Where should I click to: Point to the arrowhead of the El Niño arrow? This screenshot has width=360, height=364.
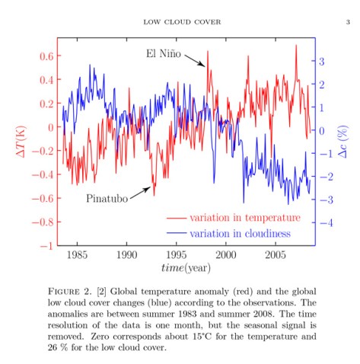[x=205, y=68]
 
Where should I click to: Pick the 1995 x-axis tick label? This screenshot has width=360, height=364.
[x=177, y=254]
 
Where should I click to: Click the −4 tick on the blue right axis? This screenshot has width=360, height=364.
[x=323, y=223]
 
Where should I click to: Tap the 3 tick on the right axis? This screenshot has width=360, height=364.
[x=321, y=61]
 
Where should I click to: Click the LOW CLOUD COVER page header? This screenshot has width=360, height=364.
[x=182, y=21]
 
